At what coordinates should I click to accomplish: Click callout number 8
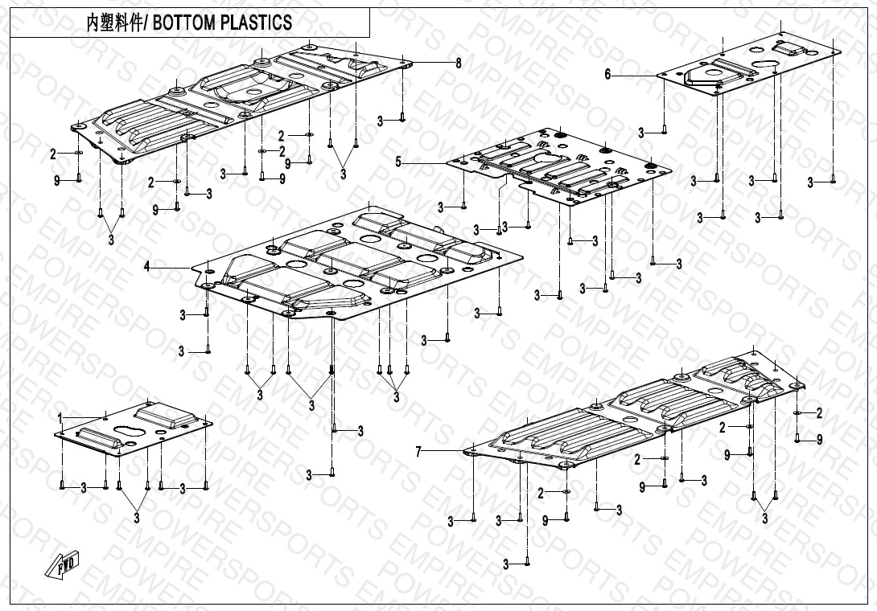tap(459, 63)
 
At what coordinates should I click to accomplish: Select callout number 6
tap(608, 74)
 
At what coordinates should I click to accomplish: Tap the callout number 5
tap(398, 162)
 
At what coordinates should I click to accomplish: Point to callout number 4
tap(147, 267)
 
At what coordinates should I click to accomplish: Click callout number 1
tap(60, 416)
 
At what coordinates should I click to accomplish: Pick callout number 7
tap(418, 453)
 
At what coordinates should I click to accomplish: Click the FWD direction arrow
tap(65, 566)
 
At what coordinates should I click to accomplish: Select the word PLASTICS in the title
tap(255, 23)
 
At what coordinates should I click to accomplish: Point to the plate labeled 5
tap(555, 165)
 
